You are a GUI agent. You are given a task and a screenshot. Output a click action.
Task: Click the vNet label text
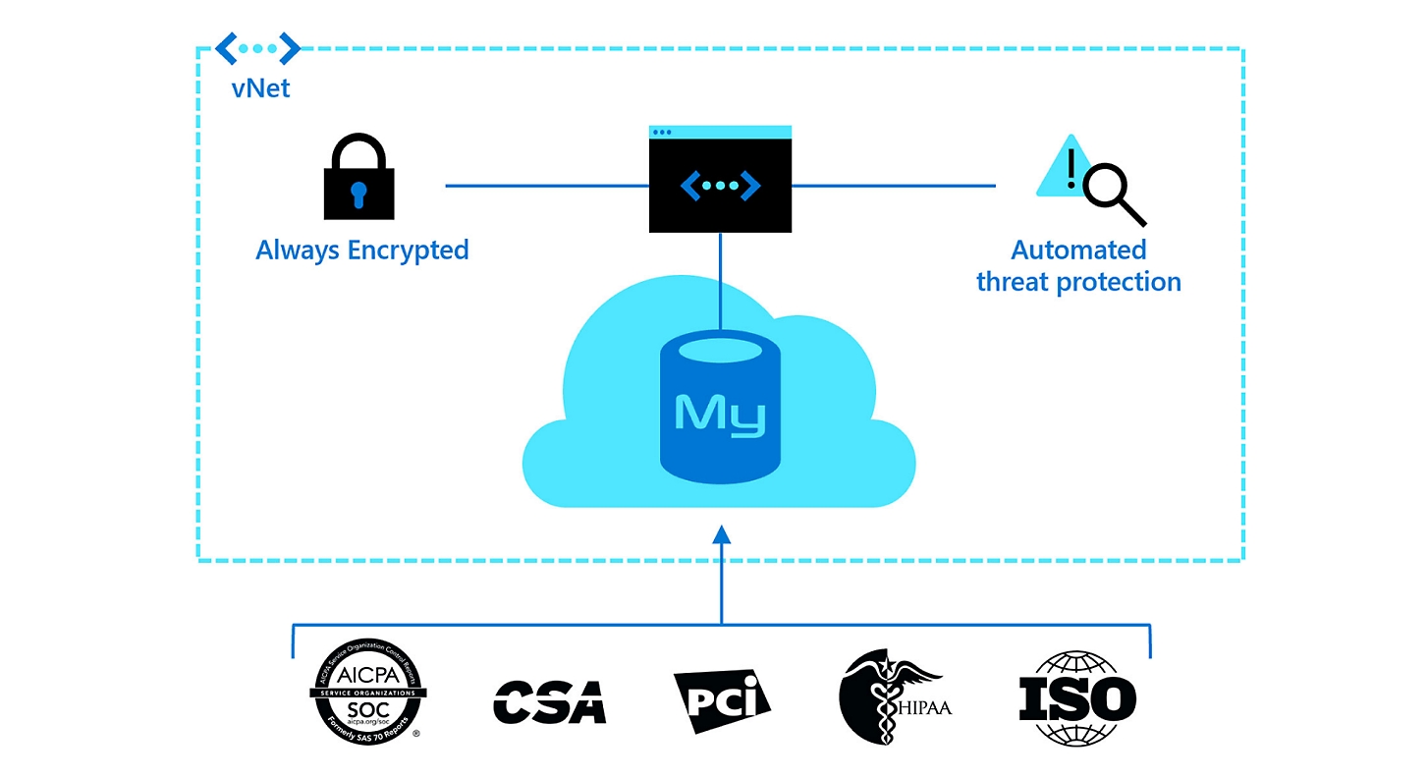click(x=260, y=87)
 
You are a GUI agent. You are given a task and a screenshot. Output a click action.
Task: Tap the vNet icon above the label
click(x=258, y=47)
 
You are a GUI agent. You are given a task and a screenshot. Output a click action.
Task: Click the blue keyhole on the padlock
click(x=359, y=191)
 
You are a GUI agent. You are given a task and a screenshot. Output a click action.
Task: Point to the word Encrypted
click(x=409, y=250)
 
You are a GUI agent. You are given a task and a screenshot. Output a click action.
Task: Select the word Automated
click(x=1078, y=250)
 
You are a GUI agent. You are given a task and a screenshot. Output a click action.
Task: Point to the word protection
click(x=1118, y=282)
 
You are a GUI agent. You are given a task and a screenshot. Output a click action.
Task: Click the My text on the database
click(x=720, y=415)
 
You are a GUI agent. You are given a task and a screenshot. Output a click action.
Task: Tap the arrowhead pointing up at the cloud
click(x=721, y=533)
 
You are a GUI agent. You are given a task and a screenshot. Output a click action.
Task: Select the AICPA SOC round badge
click(x=368, y=692)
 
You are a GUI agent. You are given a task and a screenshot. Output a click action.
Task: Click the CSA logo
click(x=549, y=700)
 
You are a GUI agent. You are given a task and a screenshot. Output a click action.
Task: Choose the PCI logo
click(x=722, y=700)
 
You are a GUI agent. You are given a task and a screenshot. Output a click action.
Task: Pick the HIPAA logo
click(x=892, y=696)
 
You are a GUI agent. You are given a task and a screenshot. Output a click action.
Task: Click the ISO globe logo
click(x=1076, y=698)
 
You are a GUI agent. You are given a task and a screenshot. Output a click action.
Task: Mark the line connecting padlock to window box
click(x=547, y=185)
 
